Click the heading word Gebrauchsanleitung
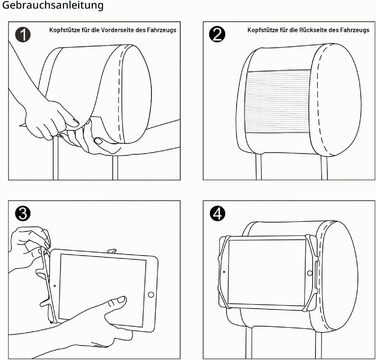click(x=53, y=6)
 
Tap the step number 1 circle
click(x=23, y=34)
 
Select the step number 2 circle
click(x=217, y=34)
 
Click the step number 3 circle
click(x=23, y=214)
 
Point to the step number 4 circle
click(x=217, y=214)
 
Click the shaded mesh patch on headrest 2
click(x=279, y=102)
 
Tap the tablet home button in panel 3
click(x=151, y=295)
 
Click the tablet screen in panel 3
click(x=102, y=289)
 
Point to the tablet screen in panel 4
click(x=267, y=272)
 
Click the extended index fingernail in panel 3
click(x=121, y=299)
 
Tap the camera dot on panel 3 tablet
click(x=55, y=286)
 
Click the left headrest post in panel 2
click(x=259, y=167)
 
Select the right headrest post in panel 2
click(x=324, y=167)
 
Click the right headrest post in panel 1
click(x=115, y=167)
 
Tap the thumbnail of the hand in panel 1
click(x=99, y=141)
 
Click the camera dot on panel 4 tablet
click(x=224, y=272)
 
